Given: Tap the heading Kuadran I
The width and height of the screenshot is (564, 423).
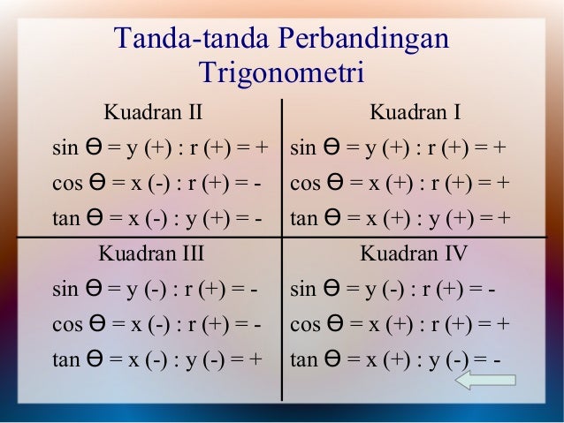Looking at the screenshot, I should click(x=415, y=112).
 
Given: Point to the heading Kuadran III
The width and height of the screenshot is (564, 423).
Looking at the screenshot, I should click(x=151, y=254).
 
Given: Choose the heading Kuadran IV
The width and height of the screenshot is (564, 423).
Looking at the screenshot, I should click(x=414, y=254).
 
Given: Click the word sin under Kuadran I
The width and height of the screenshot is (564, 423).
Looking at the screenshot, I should click(x=303, y=147).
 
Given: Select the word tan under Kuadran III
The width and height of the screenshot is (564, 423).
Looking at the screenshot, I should click(x=65, y=359).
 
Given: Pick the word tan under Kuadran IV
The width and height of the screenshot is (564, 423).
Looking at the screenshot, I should click(x=303, y=359).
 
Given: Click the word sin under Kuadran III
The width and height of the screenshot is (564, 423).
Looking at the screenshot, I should click(x=65, y=289).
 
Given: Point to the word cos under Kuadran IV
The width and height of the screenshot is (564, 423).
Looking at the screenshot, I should click(x=304, y=324).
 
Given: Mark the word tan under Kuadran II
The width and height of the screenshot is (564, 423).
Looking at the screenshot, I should click(x=65, y=217).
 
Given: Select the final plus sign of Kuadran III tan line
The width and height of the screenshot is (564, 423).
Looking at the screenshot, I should click(x=256, y=359).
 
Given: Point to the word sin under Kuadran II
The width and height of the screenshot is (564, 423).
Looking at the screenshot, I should click(x=65, y=147).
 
